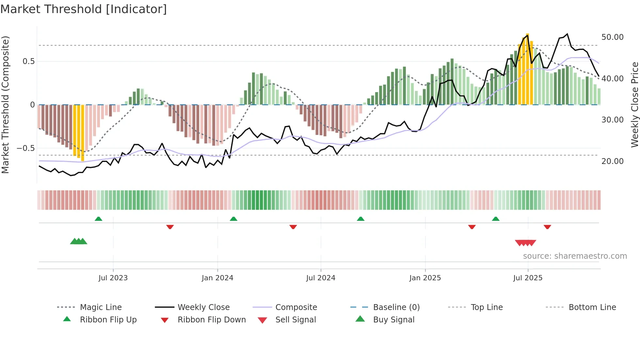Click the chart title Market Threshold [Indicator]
(84, 9)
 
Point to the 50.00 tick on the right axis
(612, 37)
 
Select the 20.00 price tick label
(612, 161)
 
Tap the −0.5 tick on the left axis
(25, 148)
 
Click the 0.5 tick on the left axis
(28, 61)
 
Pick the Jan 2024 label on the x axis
(217, 278)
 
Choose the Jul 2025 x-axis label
(528, 278)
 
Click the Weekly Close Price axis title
(634, 105)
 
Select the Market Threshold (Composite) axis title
(5, 105)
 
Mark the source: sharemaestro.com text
(575, 256)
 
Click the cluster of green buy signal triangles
(79, 242)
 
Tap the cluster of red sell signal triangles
(525, 243)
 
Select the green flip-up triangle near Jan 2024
(233, 219)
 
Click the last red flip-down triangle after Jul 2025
(547, 227)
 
